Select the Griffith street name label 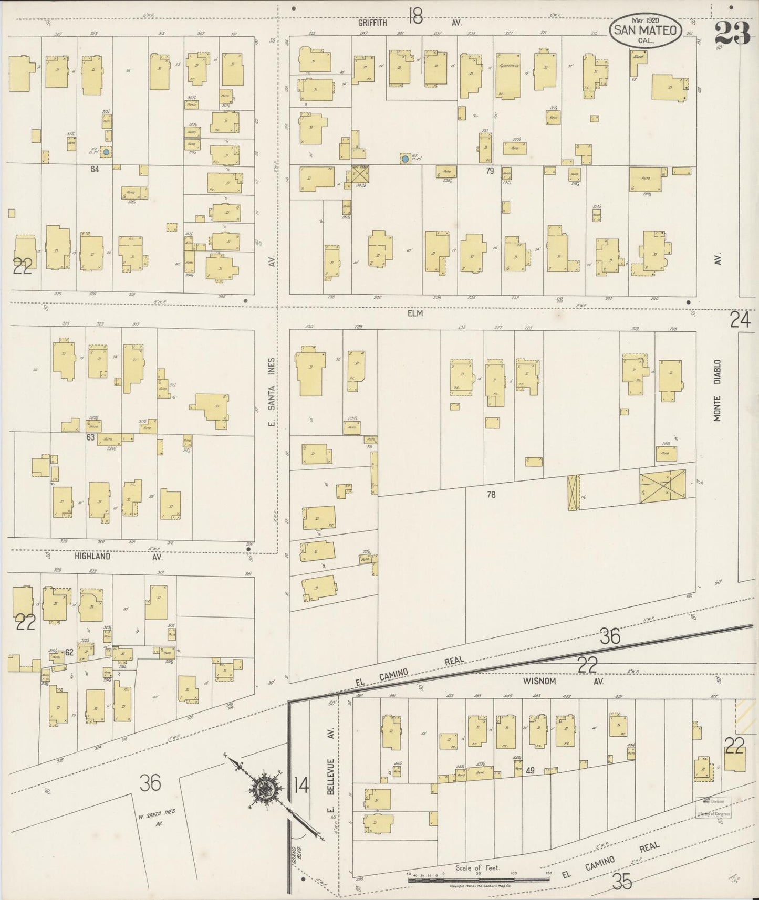pos(373,23)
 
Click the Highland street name pos(92,556)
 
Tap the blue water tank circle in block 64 pos(106,152)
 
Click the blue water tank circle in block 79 pos(405,158)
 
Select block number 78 pos(491,494)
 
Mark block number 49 pos(531,770)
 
